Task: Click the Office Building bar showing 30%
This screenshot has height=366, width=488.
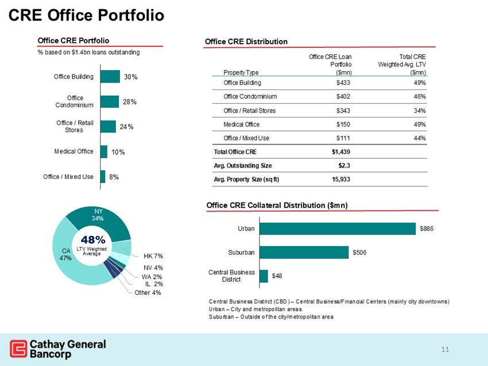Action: click(x=110, y=77)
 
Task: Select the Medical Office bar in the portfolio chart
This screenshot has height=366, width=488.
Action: click(x=104, y=151)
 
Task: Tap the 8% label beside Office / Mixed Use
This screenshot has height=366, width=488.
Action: click(x=114, y=177)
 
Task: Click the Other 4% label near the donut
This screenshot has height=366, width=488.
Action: click(x=148, y=293)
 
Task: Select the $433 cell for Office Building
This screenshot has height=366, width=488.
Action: click(x=343, y=83)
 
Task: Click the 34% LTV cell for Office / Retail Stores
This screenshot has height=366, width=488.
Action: click(x=419, y=111)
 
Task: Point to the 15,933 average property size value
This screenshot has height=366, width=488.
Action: click(x=339, y=179)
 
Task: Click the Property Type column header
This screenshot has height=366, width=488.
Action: click(x=241, y=73)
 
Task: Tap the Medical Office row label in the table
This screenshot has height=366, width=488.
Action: click(x=241, y=124)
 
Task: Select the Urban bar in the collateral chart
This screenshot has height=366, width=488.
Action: click(x=338, y=229)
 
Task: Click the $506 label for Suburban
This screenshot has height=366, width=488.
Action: click(x=360, y=252)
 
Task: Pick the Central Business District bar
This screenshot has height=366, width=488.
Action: click(x=264, y=276)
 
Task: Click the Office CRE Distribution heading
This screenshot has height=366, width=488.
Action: click(x=246, y=41)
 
